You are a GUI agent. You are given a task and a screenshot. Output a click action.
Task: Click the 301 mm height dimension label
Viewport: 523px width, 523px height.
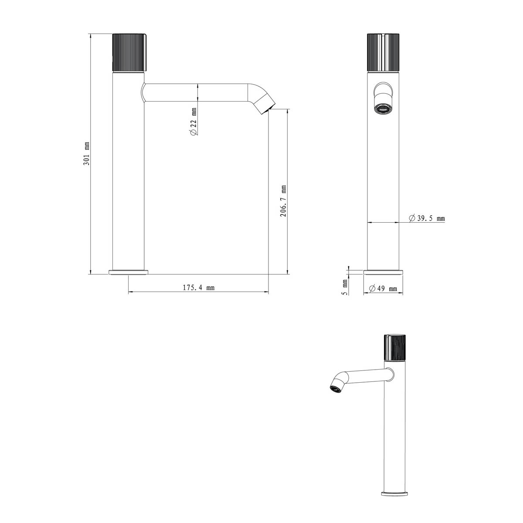click(86, 153)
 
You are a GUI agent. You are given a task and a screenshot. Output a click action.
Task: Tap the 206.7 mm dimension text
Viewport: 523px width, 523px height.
click(283, 201)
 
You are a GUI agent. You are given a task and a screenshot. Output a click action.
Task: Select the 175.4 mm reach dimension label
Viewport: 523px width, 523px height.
click(198, 288)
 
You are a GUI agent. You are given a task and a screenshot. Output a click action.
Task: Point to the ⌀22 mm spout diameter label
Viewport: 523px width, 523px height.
click(194, 123)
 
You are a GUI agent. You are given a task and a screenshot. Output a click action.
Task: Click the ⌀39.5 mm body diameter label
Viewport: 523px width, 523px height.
click(427, 218)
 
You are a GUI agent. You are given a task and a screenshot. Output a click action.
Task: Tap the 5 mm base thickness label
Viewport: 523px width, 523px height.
click(344, 287)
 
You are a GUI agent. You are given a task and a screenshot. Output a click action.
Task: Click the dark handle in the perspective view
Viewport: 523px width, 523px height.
click(395, 347)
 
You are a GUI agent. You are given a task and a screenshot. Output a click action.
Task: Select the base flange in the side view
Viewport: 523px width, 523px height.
click(129, 272)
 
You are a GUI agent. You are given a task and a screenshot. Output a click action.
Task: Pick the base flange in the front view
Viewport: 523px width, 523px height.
click(383, 273)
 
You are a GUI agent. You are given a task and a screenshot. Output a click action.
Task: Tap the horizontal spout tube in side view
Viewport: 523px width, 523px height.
click(196, 92)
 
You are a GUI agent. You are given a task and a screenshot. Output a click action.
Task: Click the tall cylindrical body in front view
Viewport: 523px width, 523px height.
click(383, 183)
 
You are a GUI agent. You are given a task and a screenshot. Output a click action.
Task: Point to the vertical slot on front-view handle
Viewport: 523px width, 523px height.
click(383, 52)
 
